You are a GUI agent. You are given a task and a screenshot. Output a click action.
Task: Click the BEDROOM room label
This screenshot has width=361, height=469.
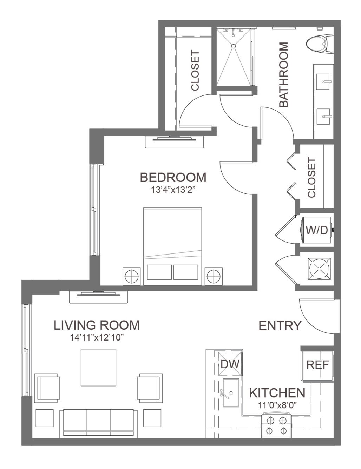coord(173,177)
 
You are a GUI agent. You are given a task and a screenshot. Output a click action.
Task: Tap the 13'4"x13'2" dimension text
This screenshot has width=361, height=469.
coord(173,190)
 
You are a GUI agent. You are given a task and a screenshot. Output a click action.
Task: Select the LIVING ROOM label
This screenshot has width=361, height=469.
coord(97,325)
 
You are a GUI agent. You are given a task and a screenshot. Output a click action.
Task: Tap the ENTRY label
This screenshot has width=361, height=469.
coord(280,326)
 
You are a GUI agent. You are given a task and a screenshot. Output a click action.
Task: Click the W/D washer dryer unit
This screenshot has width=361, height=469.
coord(316,230)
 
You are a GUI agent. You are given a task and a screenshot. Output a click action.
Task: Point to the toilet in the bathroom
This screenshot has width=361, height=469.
coord(320,44)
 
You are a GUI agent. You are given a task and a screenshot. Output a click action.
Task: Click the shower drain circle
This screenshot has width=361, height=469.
coord(234,46)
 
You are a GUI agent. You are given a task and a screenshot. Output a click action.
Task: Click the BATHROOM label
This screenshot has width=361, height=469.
coord(284,75)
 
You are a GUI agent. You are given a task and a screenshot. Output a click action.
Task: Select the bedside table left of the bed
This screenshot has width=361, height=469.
coord(131,276)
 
